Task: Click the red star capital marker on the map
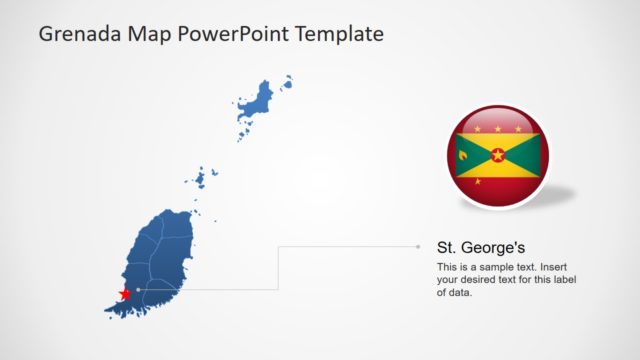(125, 294)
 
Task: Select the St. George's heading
(481, 247)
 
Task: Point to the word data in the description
(461, 294)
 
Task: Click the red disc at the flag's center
(498, 155)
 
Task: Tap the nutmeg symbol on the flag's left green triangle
(463, 155)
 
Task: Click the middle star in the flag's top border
(498, 129)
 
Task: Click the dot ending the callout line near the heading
(418, 246)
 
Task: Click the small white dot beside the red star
(138, 290)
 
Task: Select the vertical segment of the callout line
(278, 268)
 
